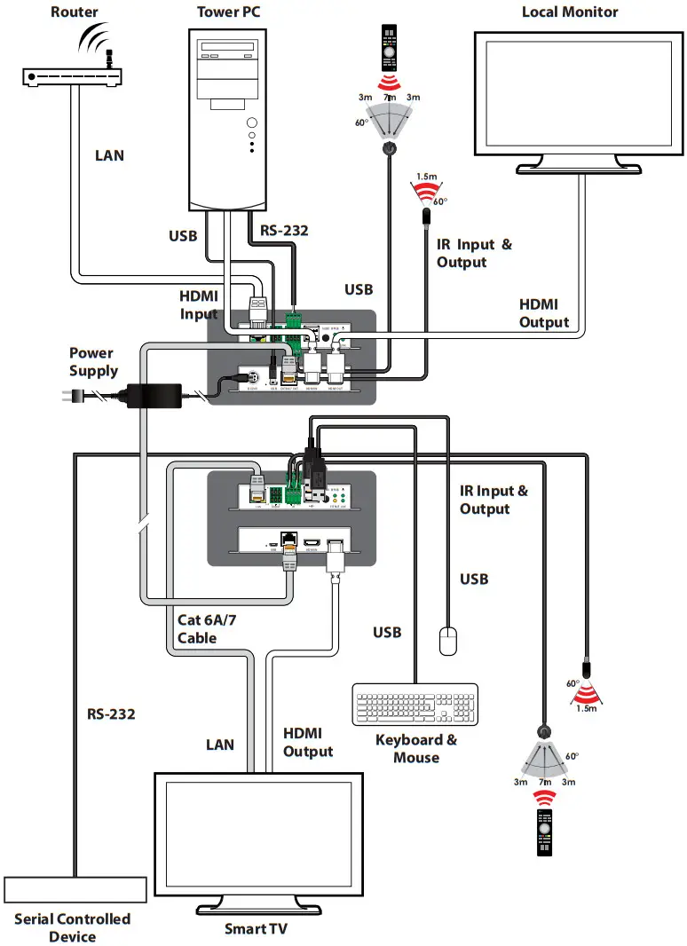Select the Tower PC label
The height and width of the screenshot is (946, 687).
233,12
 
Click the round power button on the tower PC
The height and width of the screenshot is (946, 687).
253,124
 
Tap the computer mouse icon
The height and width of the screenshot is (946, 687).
448,641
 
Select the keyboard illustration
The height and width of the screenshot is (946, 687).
415,705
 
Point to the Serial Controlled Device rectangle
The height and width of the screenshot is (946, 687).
75,890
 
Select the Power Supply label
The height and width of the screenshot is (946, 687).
93,362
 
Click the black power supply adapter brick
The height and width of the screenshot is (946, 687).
155,393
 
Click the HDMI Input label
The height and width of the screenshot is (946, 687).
199,304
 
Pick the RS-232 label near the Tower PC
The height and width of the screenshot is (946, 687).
283,231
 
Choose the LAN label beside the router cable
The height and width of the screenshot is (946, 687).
110,155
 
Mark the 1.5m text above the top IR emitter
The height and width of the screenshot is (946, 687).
428,177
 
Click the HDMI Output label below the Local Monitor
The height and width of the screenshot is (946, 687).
544,313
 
